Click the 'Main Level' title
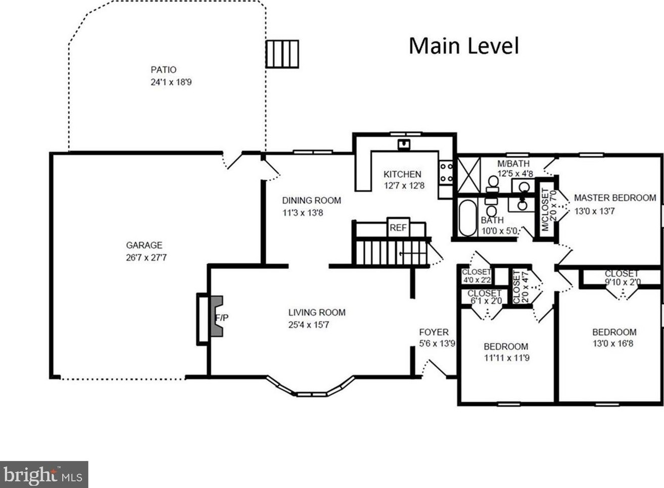click(463, 45)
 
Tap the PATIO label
click(163, 70)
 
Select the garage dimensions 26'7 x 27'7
click(146, 257)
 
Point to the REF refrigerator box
click(398, 228)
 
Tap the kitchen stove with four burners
click(446, 172)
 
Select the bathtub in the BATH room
click(467, 218)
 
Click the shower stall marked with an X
click(468, 175)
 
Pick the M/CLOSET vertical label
click(545, 209)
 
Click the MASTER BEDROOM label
click(614, 198)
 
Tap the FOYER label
click(434, 332)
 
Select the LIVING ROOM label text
click(317, 312)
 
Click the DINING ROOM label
click(311, 200)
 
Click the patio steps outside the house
click(282, 54)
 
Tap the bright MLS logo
click(44, 474)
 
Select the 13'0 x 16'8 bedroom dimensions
click(612, 344)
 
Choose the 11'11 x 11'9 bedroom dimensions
click(506, 358)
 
